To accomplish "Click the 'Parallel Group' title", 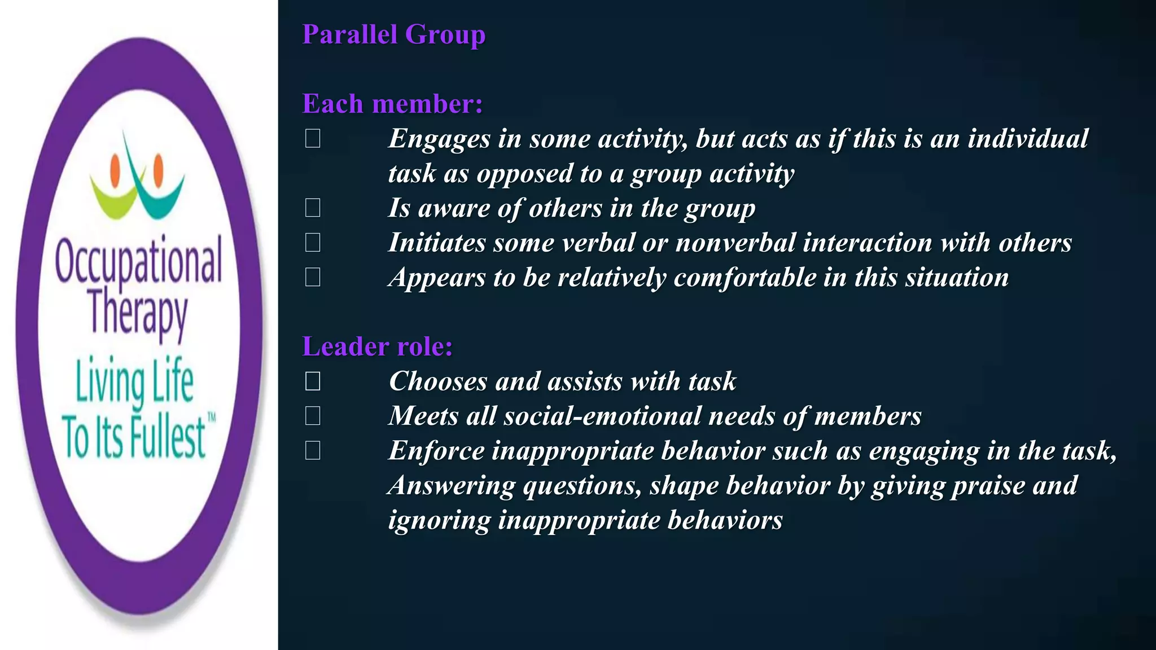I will point(393,34).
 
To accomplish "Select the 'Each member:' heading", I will point(392,104).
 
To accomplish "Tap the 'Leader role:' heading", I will point(377,346).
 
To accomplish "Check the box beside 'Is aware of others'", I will point(313,208).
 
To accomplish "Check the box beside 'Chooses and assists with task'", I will point(313,381).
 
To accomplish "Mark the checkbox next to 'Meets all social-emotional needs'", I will point(313,416).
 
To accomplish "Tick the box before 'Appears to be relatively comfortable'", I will point(313,277).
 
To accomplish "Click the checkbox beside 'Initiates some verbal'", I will point(313,243).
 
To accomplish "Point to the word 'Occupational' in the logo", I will point(138,261).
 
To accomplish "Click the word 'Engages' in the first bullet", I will point(439,139).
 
